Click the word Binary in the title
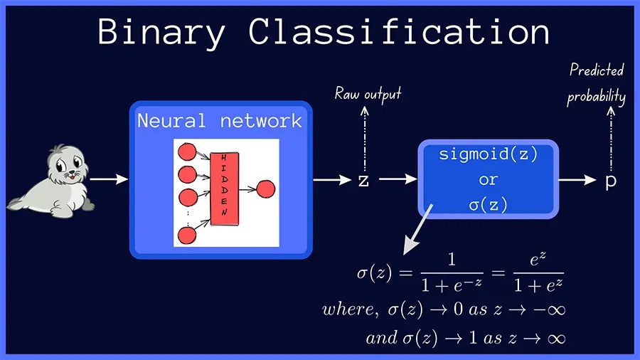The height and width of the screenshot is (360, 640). pyautogui.click(x=164, y=32)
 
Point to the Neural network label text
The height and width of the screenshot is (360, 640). pyautogui.click(x=220, y=120)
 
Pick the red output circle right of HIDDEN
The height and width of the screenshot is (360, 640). pyautogui.click(x=265, y=189)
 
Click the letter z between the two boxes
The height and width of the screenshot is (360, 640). pyautogui.click(x=363, y=181)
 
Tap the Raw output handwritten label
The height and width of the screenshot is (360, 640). pyautogui.click(x=368, y=94)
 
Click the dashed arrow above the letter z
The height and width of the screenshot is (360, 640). pyautogui.click(x=364, y=139)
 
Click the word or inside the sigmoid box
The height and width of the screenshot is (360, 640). pyautogui.click(x=488, y=179)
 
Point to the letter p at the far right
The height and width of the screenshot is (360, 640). pyautogui.click(x=610, y=181)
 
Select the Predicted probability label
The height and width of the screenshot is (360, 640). pyautogui.click(x=596, y=84)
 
